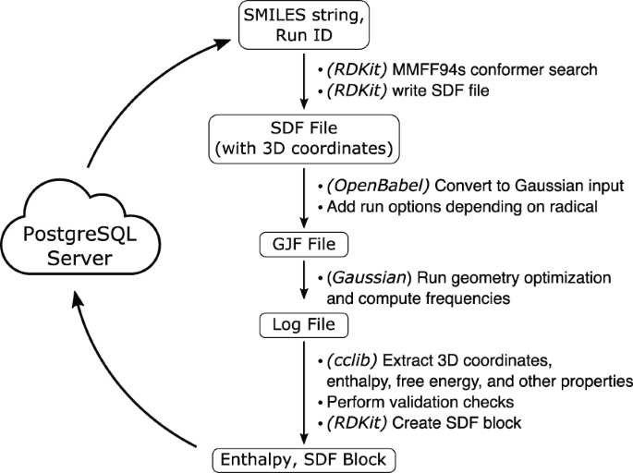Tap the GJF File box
[x=304, y=245]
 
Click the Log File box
[x=304, y=324]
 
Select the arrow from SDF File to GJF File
[x=304, y=196]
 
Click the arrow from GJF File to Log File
[x=304, y=285]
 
